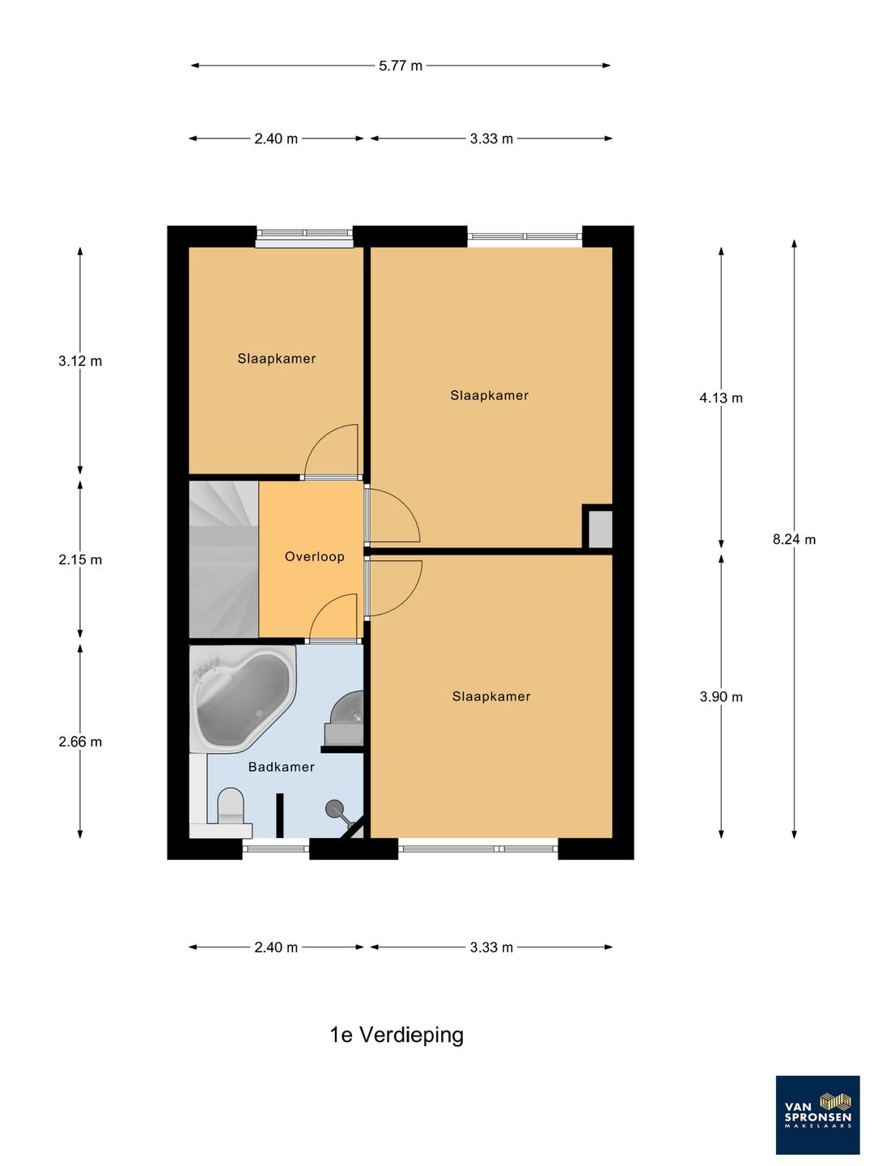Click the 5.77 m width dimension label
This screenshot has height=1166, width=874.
click(400, 66)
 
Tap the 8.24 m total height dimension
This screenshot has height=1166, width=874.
click(793, 540)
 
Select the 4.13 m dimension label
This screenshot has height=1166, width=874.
click(720, 398)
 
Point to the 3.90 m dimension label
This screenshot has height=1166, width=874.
click(720, 697)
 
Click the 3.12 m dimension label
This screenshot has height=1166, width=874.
click(80, 361)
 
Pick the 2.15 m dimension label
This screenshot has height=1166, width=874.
click(80, 560)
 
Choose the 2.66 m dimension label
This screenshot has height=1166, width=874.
click(80, 742)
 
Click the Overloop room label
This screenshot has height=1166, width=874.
click(315, 557)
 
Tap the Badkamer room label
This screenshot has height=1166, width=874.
click(282, 767)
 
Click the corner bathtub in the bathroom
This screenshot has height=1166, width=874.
click(243, 698)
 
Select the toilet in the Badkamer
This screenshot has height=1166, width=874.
click(231, 806)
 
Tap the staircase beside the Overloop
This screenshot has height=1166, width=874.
click(224, 560)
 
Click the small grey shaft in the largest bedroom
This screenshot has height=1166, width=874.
click(600, 529)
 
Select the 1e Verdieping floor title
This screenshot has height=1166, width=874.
click(397, 1034)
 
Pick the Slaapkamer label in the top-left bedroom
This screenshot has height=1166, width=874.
click(277, 359)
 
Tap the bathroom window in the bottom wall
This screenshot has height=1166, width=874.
click(276, 849)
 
